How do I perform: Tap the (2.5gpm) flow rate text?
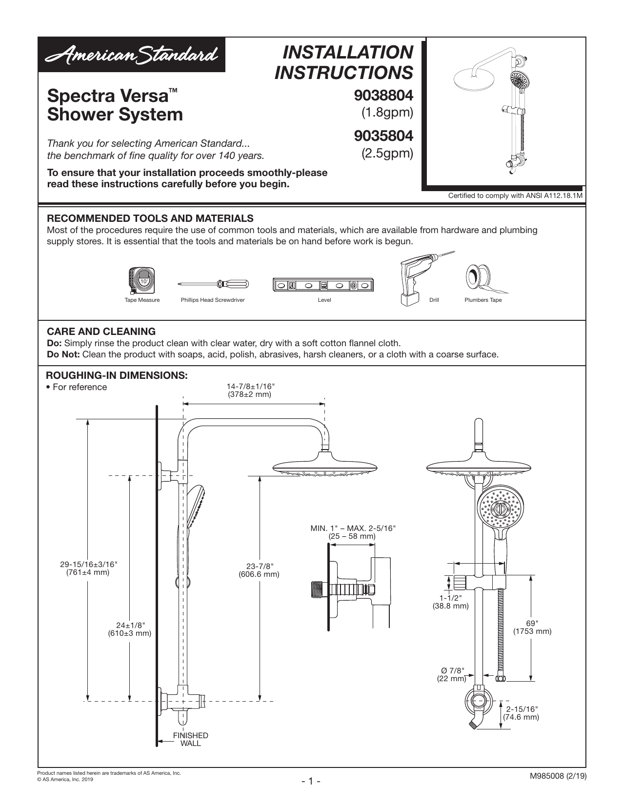click(387, 154)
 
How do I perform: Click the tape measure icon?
click(142, 281)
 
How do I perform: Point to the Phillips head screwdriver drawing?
click(213, 284)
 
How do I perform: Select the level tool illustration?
click(324, 285)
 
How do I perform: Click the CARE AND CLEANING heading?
click(101, 332)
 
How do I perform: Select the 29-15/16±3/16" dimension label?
click(88, 568)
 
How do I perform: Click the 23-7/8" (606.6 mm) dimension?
click(259, 570)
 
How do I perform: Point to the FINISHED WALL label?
click(191, 739)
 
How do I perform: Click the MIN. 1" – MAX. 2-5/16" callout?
click(353, 532)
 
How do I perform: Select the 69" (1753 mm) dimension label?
click(532, 627)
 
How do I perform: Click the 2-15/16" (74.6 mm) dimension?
click(521, 713)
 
